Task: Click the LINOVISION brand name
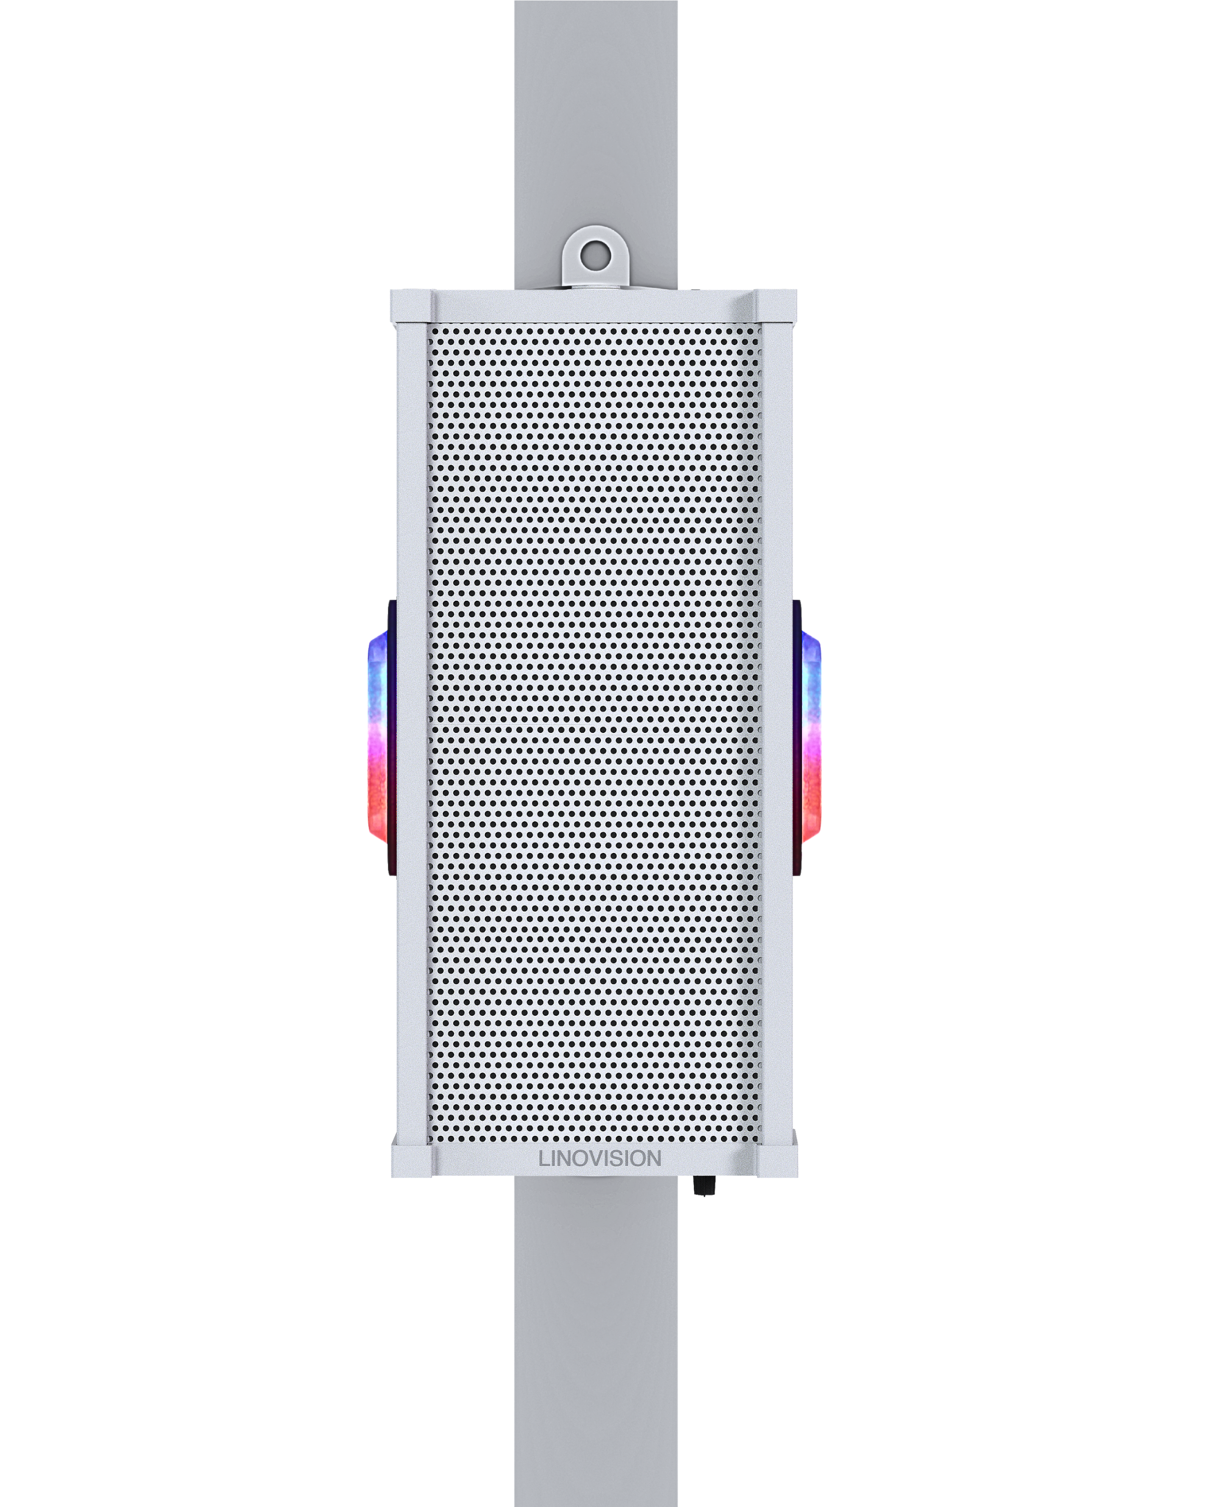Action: [x=599, y=1159]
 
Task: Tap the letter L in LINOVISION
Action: [x=544, y=1159]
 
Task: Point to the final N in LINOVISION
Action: [x=653, y=1159]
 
